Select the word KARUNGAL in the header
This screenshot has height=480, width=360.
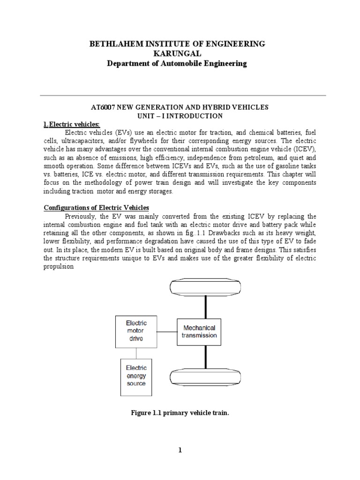click(178, 53)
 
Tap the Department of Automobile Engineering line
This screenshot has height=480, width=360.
click(178, 63)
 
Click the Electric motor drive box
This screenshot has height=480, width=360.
click(136, 331)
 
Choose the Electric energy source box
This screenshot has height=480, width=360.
click(136, 375)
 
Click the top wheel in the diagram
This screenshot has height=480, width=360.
click(204, 287)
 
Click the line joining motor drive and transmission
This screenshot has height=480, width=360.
click(167, 332)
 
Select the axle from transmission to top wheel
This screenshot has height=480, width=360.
click(205, 307)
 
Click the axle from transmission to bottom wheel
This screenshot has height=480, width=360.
click(205, 356)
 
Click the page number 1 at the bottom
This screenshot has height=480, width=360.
click(180, 450)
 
